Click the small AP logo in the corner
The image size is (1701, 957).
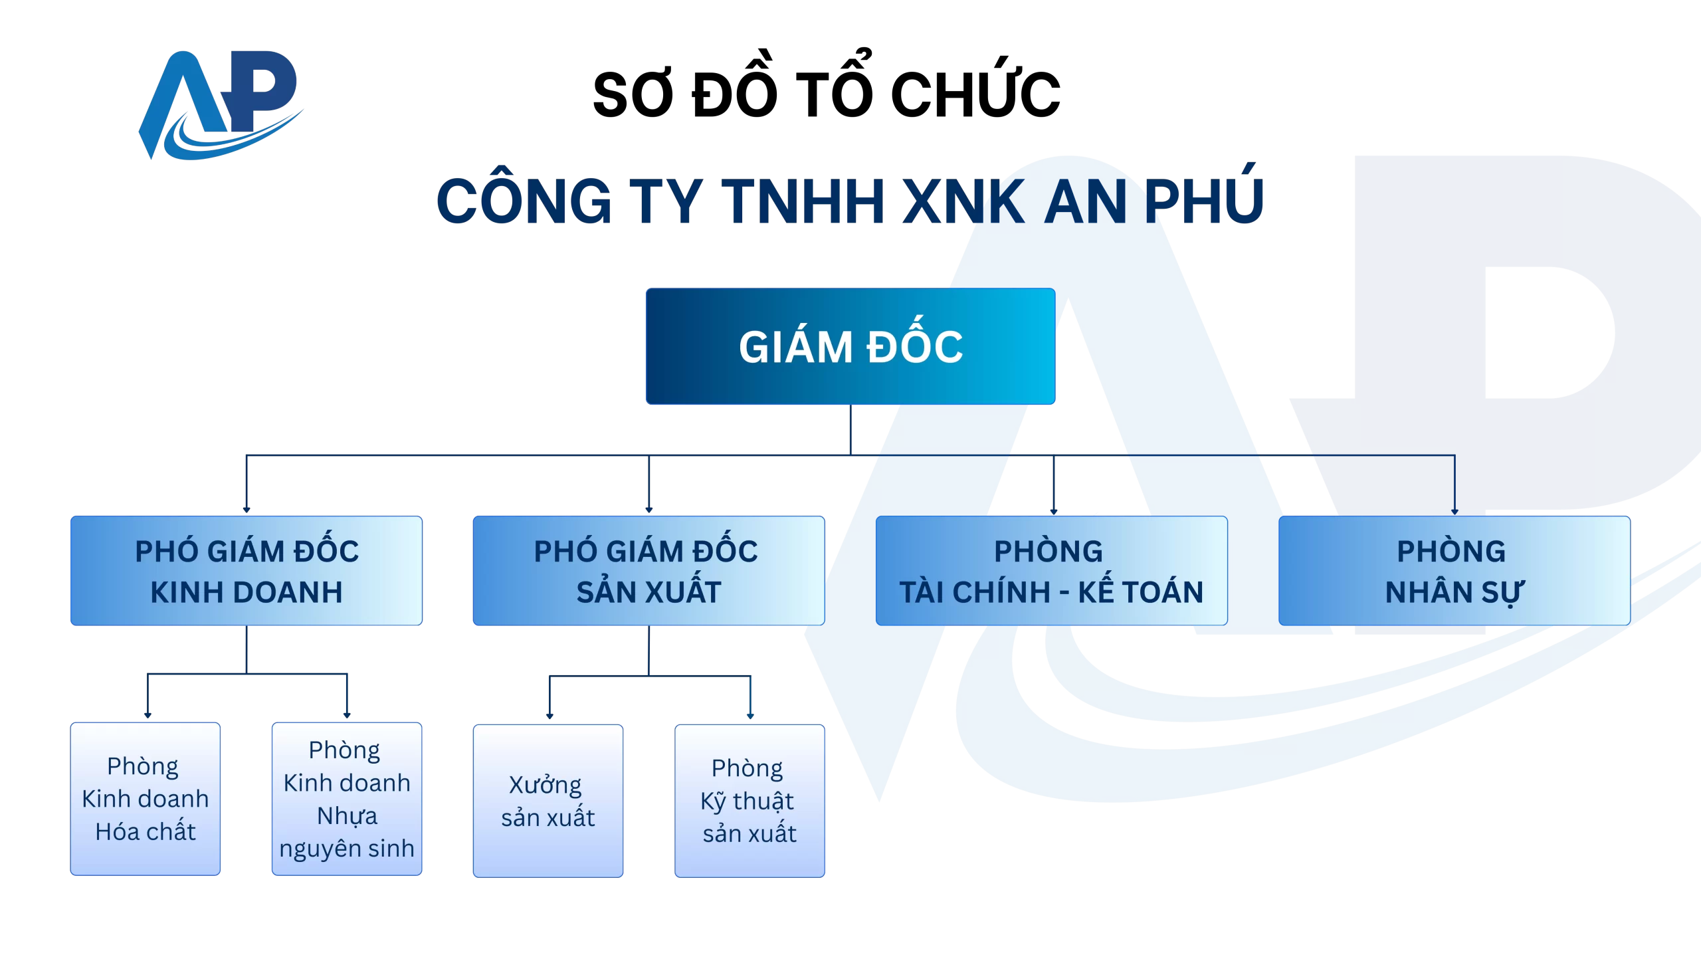pyautogui.click(x=219, y=103)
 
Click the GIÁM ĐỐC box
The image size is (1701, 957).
pyautogui.click(x=850, y=346)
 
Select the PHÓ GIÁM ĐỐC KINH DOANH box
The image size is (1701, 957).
pyautogui.click(x=246, y=571)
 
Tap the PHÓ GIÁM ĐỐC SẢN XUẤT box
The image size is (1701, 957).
pyautogui.click(x=649, y=571)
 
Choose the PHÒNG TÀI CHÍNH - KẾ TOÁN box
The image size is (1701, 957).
pyautogui.click(x=1051, y=571)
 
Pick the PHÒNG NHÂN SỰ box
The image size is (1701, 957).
pyautogui.click(x=1454, y=571)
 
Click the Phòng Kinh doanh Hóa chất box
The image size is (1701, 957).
pyautogui.click(x=145, y=798)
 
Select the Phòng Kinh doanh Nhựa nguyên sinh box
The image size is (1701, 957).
pyautogui.click(x=346, y=798)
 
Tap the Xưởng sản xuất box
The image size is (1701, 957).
pyautogui.click(x=548, y=800)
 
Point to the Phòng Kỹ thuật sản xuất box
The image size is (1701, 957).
pyautogui.click(x=750, y=800)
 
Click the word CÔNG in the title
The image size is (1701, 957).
pyautogui.click(x=524, y=201)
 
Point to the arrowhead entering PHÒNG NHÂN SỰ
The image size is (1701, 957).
pyautogui.click(x=1454, y=511)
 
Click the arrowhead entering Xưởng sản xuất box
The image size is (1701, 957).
pyautogui.click(x=550, y=716)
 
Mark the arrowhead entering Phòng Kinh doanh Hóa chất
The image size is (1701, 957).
pyautogui.click(x=148, y=715)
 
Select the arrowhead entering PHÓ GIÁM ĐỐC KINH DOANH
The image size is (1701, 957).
pyautogui.click(x=247, y=510)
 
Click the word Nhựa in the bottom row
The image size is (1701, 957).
pyautogui.click(x=347, y=816)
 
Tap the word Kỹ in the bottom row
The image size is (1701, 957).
pyautogui.click(x=713, y=801)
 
